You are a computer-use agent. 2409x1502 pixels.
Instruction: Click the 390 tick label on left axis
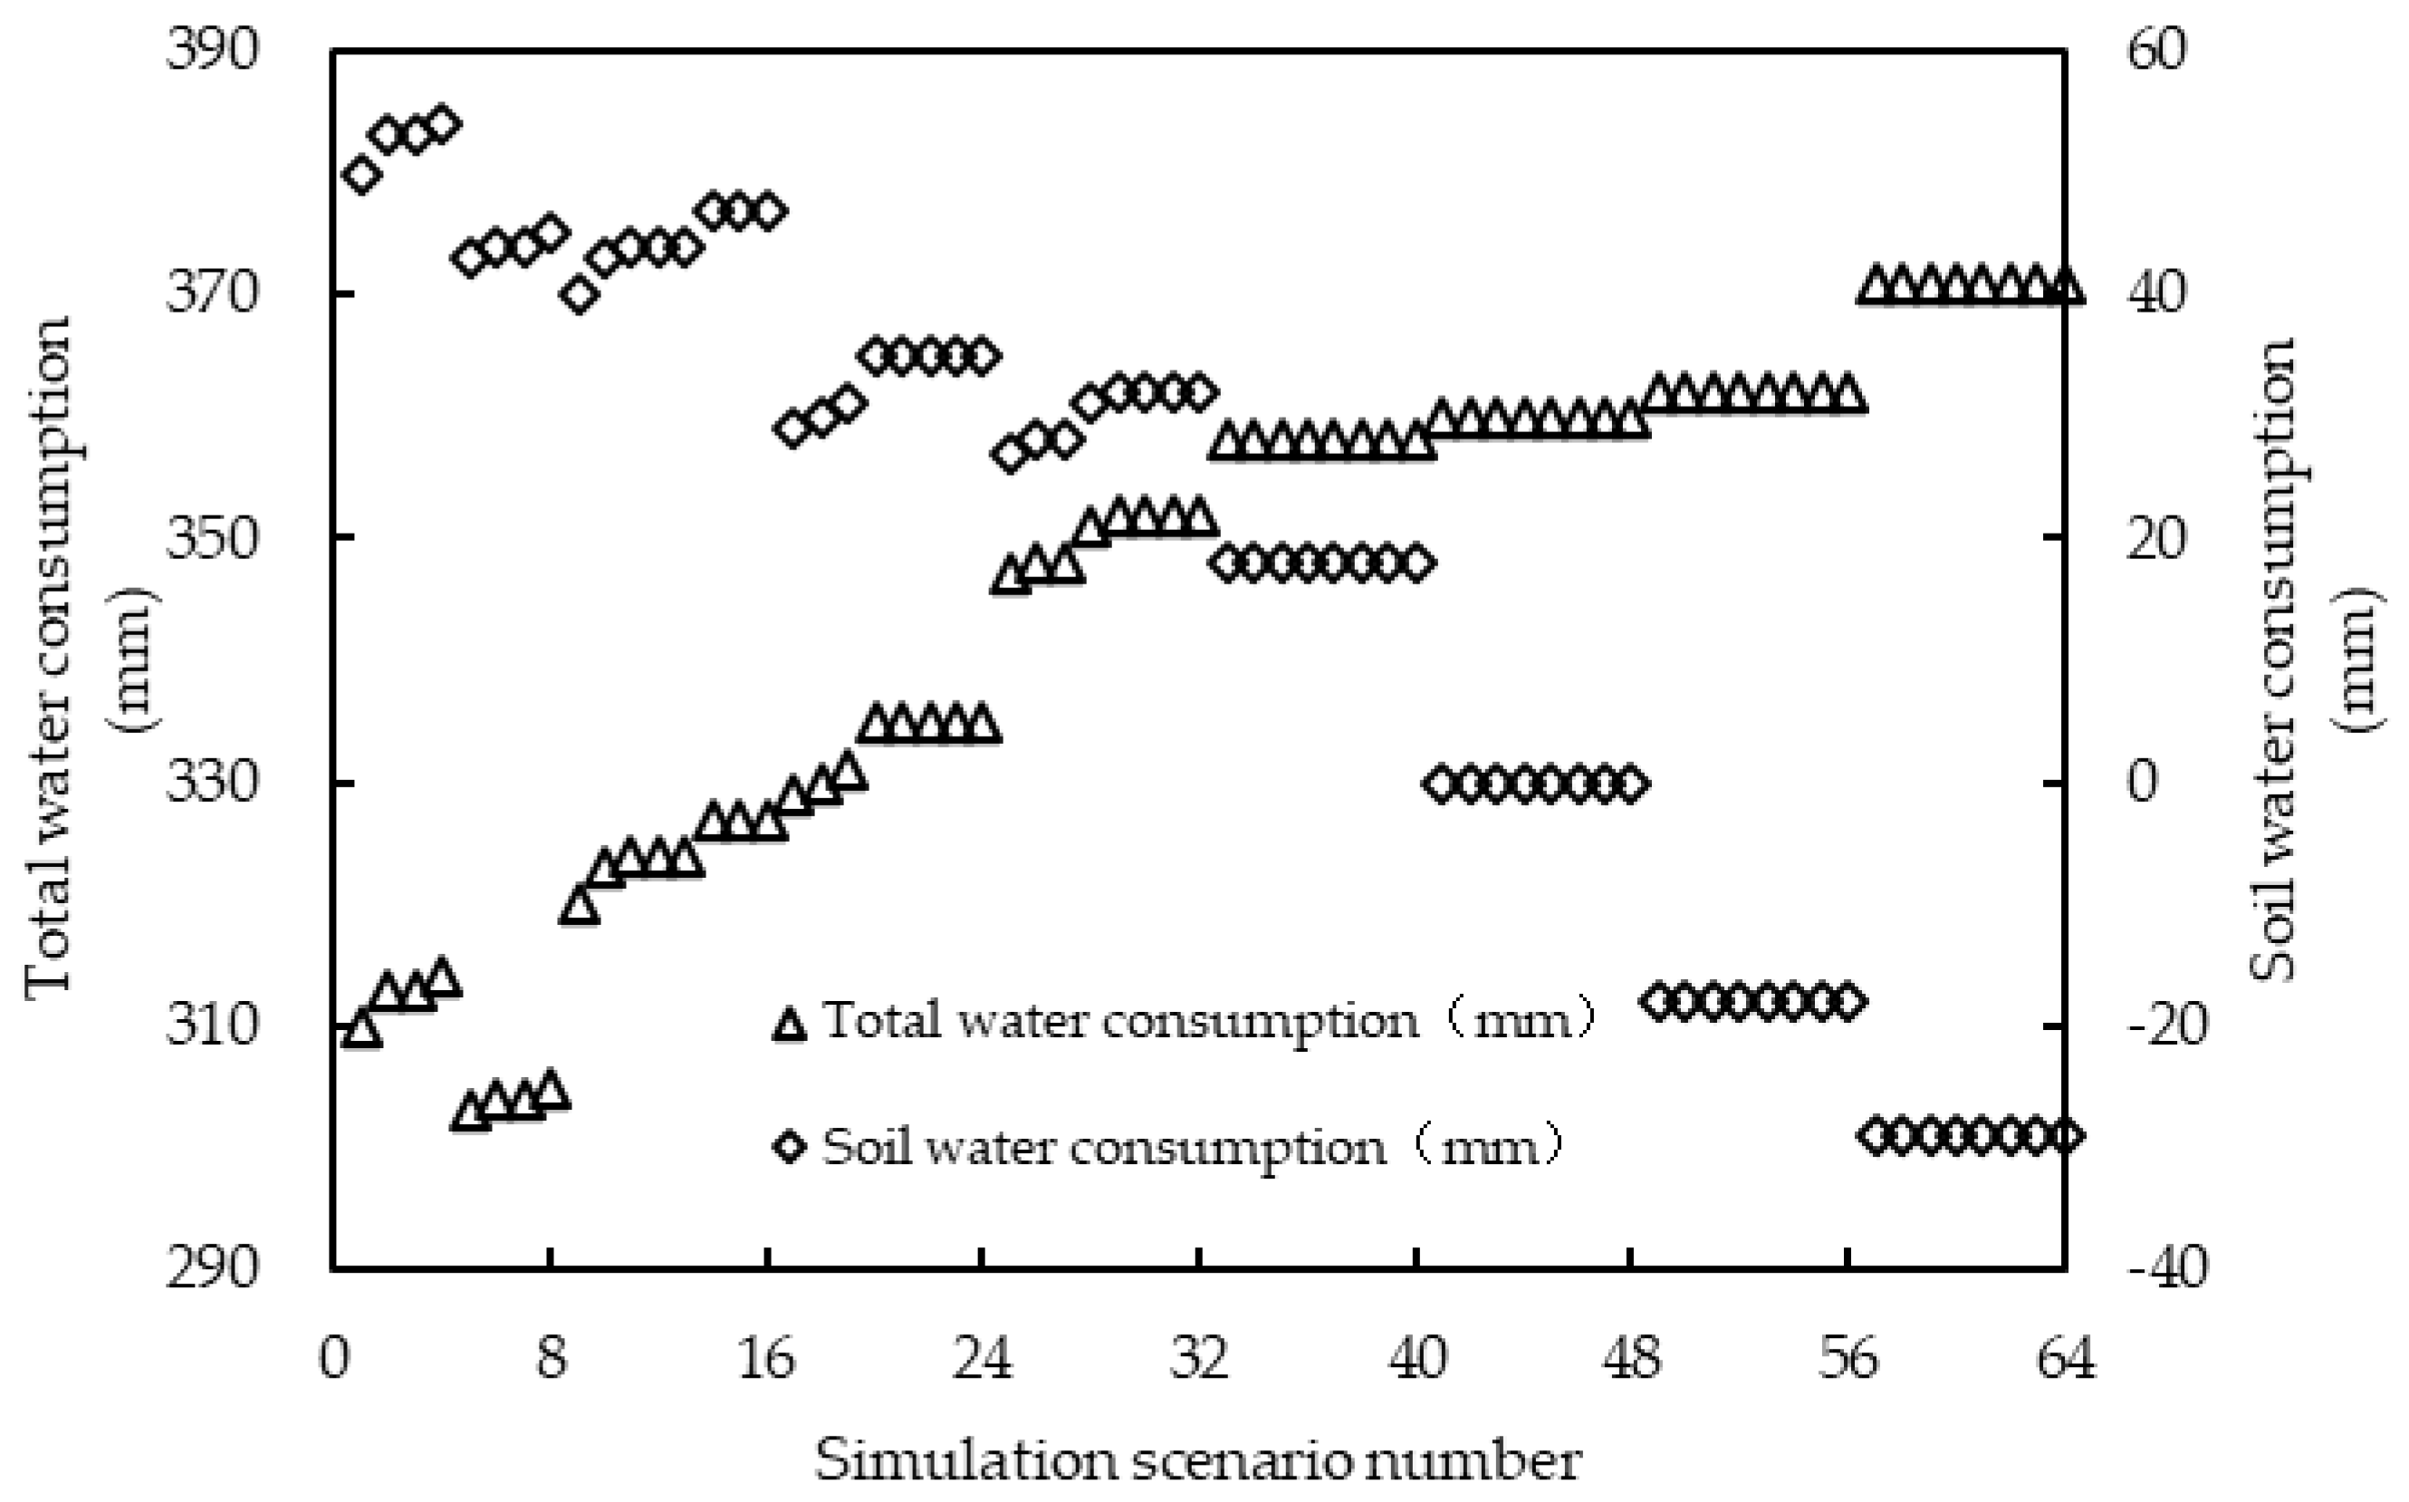coord(210,50)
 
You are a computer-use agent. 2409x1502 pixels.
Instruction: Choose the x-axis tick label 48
coord(1630,1358)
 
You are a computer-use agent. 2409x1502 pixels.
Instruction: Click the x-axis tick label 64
coord(2066,1358)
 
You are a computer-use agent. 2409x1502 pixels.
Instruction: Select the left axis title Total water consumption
coord(50,656)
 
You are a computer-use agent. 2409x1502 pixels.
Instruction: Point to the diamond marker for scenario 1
coord(361,175)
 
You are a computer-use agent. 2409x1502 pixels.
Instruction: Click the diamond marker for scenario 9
coord(579,295)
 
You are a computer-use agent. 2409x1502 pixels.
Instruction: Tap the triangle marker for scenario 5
coord(470,1113)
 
